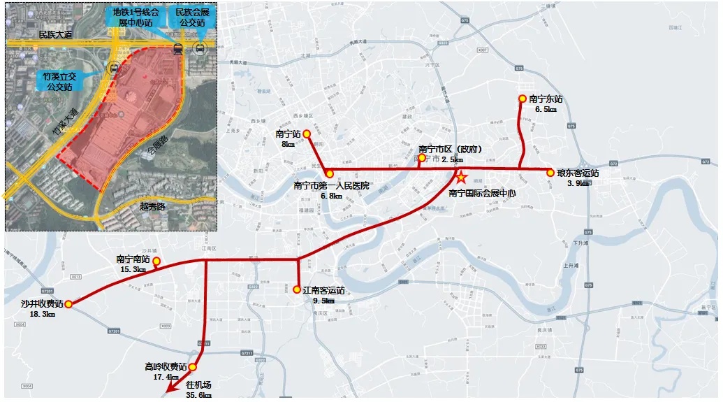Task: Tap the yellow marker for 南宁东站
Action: [522, 99]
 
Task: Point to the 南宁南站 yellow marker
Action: [156, 262]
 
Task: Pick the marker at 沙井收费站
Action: [68, 303]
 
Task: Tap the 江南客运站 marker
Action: [297, 288]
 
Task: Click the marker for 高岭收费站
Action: [193, 367]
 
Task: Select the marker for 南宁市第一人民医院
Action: [330, 173]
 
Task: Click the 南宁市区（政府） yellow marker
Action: [422, 158]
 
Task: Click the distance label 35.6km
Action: [199, 395]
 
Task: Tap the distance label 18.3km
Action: [43, 314]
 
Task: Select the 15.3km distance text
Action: [133, 269]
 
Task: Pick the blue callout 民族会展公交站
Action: [194, 18]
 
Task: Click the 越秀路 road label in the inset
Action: [152, 206]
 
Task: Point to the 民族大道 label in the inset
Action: [57, 34]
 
